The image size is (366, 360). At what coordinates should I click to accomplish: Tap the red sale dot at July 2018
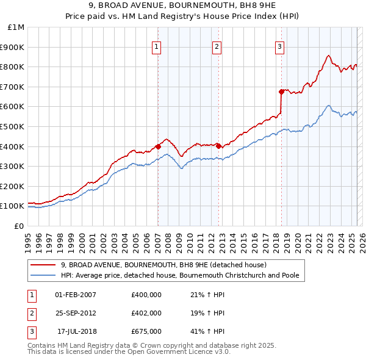[x=281, y=92]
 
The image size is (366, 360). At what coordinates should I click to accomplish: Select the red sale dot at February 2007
[x=158, y=146]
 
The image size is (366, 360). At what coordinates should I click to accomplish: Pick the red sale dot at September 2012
[x=218, y=146]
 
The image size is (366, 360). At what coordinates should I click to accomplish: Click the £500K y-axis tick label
[x=13, y=126]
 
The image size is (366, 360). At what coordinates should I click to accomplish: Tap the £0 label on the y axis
[x=18, y=226]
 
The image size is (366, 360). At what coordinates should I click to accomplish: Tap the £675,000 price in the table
[x=146, y=331]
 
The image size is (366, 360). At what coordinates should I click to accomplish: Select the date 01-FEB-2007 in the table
[x=76, y=295]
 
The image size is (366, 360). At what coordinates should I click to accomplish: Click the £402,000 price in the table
[x=146, y=313]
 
